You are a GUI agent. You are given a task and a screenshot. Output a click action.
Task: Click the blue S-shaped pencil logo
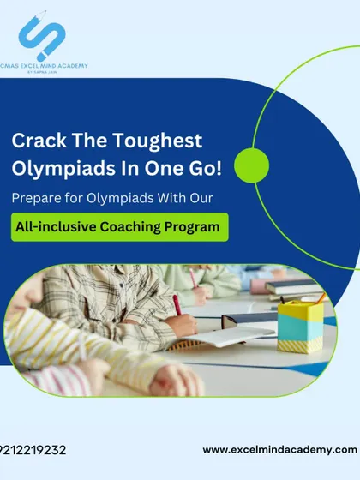coord(42,35)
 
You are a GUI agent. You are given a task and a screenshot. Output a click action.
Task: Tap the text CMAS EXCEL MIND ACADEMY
coord(44,66)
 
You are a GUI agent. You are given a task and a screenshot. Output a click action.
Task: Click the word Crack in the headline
coord(39,141)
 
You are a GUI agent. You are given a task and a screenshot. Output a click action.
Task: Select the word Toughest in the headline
coord(158,141)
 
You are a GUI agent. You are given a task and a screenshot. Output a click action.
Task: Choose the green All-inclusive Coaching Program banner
coord(120,227)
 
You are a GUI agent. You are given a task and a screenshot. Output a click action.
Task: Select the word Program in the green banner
coord(192,228)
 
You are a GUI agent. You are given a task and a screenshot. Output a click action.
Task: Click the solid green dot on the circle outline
coord(252,165)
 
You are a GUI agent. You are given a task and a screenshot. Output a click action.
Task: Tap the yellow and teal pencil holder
coord(300,327)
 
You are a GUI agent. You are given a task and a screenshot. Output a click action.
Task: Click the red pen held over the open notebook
coord(177,305)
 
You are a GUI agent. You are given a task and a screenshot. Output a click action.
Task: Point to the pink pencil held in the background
coord(193,278)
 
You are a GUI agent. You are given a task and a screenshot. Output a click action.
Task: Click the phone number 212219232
coord(33,450)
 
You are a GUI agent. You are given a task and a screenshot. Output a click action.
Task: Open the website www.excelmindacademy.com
coord(279,450)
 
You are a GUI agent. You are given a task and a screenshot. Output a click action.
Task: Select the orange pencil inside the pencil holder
coord(321,298)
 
